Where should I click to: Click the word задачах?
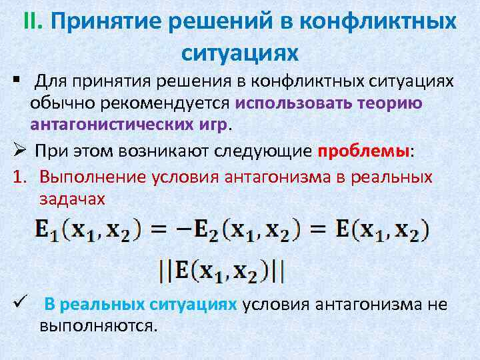point(73,199)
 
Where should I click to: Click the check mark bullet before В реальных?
point(17,304)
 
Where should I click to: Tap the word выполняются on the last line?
point(98,326)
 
